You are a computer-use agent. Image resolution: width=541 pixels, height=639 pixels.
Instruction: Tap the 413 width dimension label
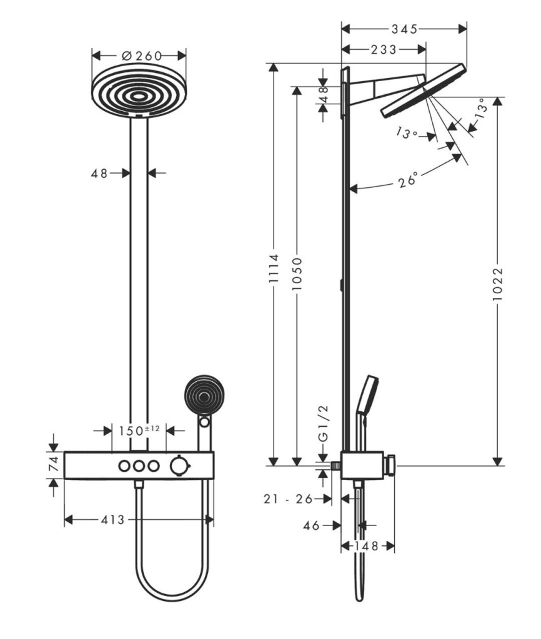pos(112,520)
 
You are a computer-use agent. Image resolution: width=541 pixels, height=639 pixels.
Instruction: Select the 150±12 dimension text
pos(139,430)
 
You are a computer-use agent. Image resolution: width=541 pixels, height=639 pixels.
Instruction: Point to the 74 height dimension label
pos(54,464)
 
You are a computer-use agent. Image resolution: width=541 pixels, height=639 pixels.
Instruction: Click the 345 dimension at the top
pos(404,29)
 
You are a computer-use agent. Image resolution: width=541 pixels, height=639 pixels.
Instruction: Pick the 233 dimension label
pos(383,49)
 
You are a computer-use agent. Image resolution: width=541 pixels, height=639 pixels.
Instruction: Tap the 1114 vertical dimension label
pos(274,268)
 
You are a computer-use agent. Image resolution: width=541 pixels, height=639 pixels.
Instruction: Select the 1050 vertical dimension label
pos(297,273)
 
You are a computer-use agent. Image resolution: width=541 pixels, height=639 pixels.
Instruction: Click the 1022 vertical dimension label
pos(497,284)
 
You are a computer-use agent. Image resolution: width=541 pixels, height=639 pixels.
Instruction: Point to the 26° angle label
pos(409,180)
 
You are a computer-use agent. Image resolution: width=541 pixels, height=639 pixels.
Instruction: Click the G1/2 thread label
pos(323,424)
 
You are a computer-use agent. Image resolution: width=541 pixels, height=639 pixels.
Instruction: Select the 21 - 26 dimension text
pos(288,499)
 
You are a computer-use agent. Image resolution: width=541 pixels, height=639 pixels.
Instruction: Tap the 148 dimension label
pos(367,545)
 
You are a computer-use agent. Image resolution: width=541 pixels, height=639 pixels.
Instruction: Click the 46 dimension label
pos(311,525)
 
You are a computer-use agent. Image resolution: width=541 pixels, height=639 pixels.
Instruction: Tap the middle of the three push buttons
pos(139,466)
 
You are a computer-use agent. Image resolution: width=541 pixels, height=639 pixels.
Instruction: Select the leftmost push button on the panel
pos(124,466)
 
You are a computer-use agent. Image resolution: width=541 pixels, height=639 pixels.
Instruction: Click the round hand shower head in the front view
pos(204,394)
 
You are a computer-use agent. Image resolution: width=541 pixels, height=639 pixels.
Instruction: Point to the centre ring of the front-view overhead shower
pos(139,97)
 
